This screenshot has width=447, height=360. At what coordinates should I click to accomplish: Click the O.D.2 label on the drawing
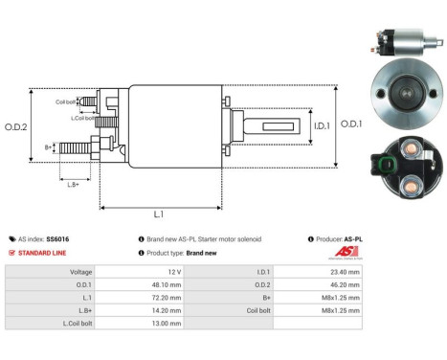(16, 126)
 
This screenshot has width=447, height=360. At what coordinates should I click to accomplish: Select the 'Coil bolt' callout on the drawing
(65, 101)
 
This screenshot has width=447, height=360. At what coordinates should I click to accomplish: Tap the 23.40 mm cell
(346, 272)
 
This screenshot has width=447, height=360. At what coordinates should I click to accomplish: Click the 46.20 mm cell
(346, 284)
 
